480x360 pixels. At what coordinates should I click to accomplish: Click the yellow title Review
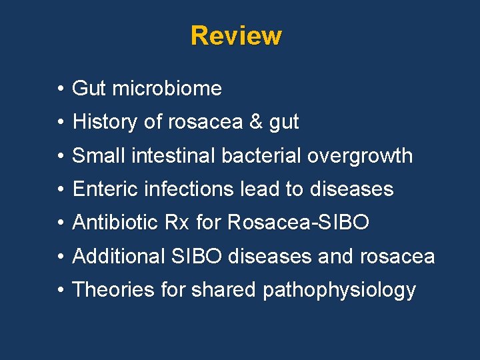click(236, 35)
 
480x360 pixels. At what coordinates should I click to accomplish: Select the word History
click(105, 122)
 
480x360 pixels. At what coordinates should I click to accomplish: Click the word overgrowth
click(360, 156)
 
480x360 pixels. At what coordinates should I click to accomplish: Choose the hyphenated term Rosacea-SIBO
click(297, 223)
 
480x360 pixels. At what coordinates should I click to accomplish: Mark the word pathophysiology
click(339, 291)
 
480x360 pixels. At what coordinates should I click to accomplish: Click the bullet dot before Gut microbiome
click(60, 89)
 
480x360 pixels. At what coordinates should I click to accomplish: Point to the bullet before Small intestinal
click(60, 156)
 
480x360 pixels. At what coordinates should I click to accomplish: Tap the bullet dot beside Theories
click(60, 291)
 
